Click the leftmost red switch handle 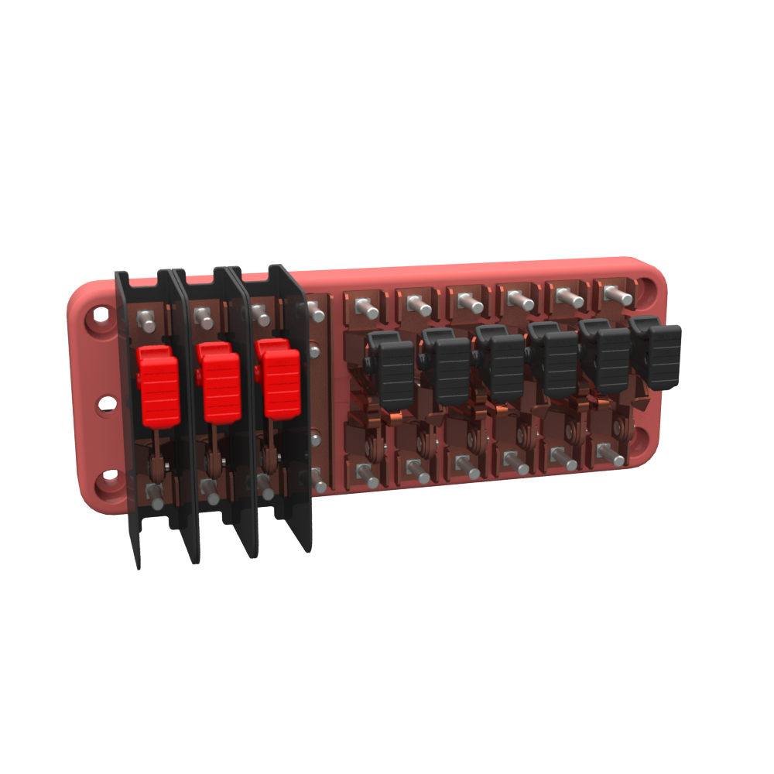[x=159, y=386]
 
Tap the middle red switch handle [x=220, y=384]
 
